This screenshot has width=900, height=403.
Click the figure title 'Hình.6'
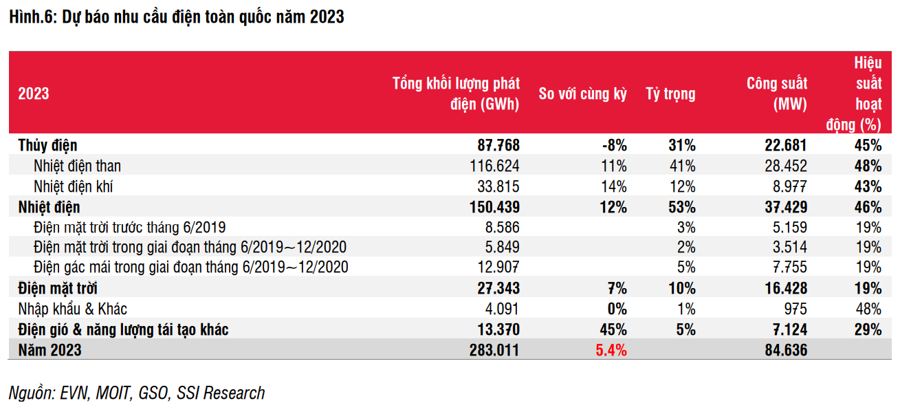(x=34, y=17)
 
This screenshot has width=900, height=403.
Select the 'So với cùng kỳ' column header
(x=582, y=94)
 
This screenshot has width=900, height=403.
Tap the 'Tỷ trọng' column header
(x=670, y=94)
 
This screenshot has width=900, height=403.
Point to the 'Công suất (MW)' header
(x=777, y=94)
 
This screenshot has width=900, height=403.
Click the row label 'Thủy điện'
(x=47, y=145)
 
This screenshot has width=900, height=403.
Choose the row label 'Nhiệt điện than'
(x=77, y=166)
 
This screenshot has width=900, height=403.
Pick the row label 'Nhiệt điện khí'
(x=73, y=187)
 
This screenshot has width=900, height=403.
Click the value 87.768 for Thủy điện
(x=498, y=145)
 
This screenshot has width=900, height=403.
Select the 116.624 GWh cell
(x=494, y=166)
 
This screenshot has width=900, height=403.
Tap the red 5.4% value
(x=611, y=350)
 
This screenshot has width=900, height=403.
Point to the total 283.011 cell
(x=494, y=350)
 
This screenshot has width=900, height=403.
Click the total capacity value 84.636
(x=786, y=350)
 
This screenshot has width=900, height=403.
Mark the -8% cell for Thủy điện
(x=615, y=145)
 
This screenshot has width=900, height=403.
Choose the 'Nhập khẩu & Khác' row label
(x=73, y=309)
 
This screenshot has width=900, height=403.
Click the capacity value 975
(x=795, y=309)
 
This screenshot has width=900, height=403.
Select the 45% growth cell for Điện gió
(x=613, y=330)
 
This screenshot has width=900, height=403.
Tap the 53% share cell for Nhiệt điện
(x=682, y=207)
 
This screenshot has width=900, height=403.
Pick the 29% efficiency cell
(x=868, y=330)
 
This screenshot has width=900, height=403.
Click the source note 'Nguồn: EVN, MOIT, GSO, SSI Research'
(x=137, y=393)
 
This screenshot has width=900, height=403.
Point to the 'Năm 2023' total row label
(x=50, y=350)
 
